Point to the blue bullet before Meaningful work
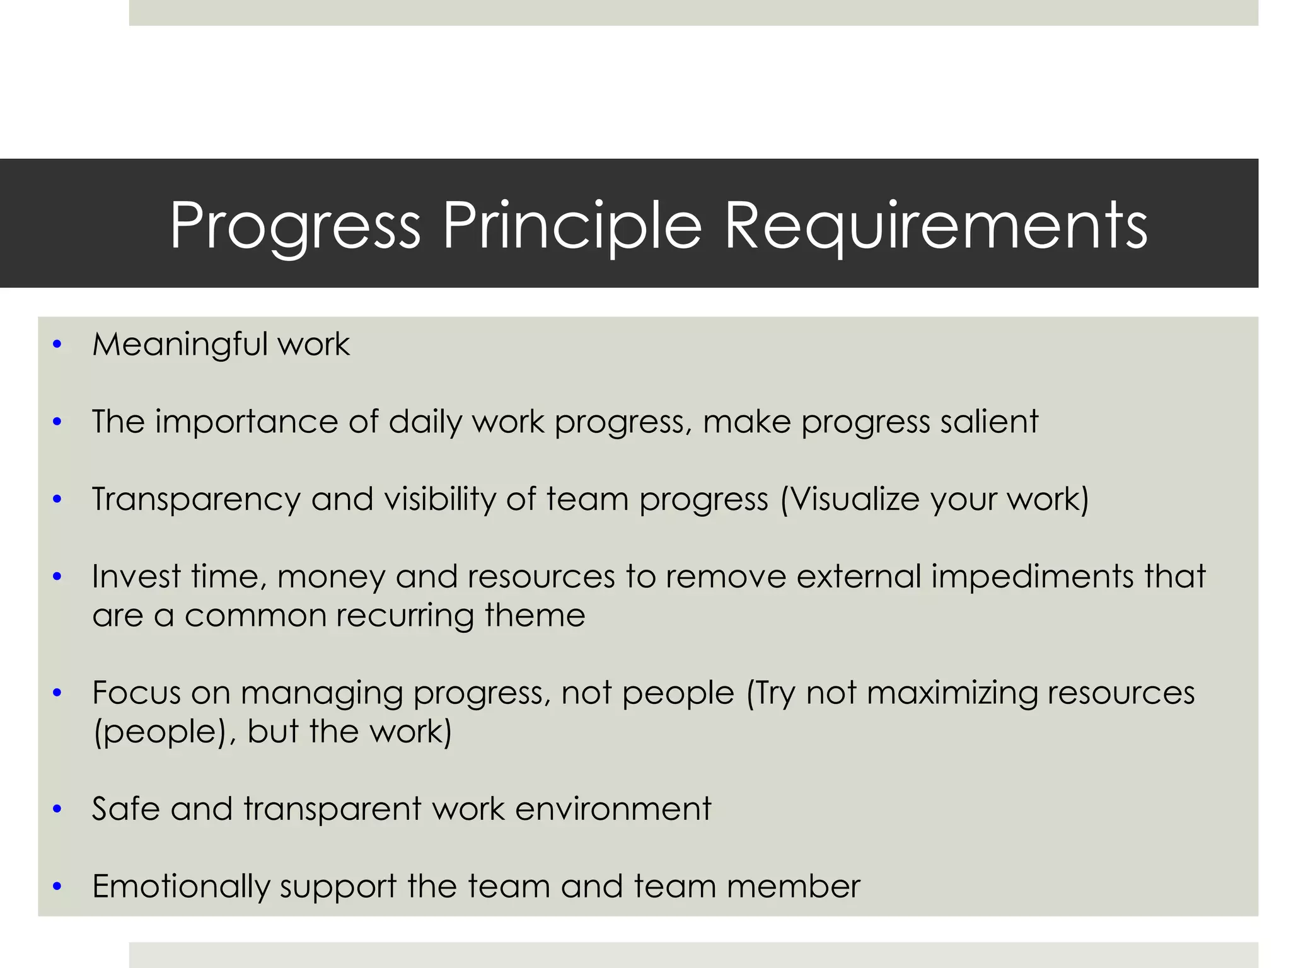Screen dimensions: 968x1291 click(57, 345)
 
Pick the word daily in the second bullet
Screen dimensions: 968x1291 click(425, 422)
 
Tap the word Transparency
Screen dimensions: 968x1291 click(196, 500)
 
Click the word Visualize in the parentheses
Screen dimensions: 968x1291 click(856, 499)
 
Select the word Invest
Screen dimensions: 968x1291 click(136, 576)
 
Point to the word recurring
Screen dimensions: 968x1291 click(405, 615)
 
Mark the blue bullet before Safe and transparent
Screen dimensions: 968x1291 click(57, 809)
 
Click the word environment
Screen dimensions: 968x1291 click(613, 809)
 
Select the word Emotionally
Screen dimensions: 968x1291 click(180, 887)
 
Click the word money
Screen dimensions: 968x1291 click(331, 577)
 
